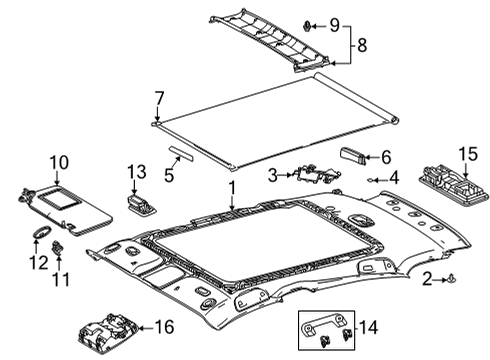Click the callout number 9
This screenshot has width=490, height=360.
pyautogui.click(x=334, y=25)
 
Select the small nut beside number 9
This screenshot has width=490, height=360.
pyautogui.click(x=307, y=26)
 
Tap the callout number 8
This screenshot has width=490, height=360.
pyautogui.click(x=362, y=45)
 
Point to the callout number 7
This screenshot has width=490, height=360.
pyautogui.click(x=160, y=99)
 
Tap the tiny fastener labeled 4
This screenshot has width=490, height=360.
pyautogui.click(x=370, y=180)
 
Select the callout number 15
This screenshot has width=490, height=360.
pyautogui.click(x=468, y=154)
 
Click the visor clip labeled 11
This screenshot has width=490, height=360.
pyautogui.click(x=57, y=248)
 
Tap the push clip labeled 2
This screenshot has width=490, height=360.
pyautogui.click(x=451, y=279)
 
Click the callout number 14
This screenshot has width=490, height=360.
pyautogui.click(x=368, y=327)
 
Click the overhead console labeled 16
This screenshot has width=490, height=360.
pyautogui.click(x=107, y=332)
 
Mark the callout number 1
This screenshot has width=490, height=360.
pyautogui.click(x=232, y=188)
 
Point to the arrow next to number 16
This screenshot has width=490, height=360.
pyautogui.click(x=145, y=328)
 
